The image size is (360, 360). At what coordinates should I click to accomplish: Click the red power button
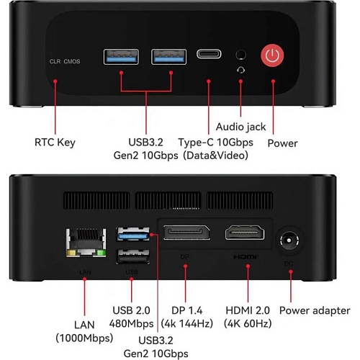[272, 55]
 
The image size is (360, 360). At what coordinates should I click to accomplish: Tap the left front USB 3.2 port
[121, 57]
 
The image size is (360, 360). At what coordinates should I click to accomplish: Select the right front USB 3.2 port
[168, 57]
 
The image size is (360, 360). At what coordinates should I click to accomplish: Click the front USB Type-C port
[209, 54]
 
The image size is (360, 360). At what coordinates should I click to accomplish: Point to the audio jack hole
[240, 55]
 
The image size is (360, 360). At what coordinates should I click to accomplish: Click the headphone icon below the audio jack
[241, 70]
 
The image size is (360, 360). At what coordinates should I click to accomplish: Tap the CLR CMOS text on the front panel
[65, 61]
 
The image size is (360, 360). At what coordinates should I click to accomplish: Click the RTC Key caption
[55, 143]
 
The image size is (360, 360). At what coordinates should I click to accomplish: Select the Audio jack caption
[240, 127]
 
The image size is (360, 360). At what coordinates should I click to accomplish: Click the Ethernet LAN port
[86, 243]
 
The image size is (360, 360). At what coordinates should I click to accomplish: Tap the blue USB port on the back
[133, 234]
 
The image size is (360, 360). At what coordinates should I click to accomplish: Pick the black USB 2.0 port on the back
[133, 256]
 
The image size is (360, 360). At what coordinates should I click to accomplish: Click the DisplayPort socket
[186, 233]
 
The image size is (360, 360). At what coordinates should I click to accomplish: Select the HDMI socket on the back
[245, 233]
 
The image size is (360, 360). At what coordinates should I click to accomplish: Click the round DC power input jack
[289, 240]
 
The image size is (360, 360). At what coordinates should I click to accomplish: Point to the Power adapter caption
[315, 310]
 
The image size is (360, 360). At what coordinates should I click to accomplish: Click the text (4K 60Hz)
[248, 323]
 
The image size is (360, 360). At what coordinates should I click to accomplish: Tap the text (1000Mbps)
[84, 338]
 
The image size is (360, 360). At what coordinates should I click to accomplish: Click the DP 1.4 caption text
[187, 310]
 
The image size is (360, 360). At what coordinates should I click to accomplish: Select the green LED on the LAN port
[102, 253]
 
